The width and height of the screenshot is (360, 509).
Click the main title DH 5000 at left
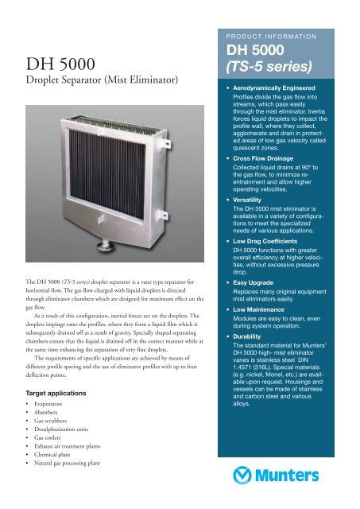pos(60,63)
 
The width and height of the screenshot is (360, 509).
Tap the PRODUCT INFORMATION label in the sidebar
pos(281,36)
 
